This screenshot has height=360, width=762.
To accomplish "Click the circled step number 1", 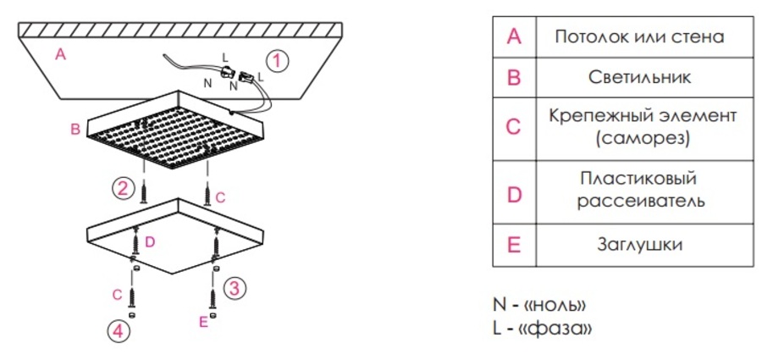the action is coord(277,62).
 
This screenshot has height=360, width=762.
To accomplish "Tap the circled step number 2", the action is coord(124,188).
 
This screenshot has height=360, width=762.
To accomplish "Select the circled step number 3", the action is coord(235,289).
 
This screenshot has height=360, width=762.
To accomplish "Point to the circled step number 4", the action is coord(119,332).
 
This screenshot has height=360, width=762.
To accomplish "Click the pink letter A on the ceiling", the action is coord(60,55).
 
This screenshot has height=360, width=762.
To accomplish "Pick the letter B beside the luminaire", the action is coord(75,130).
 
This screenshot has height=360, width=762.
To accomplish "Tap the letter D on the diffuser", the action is coord(150,241).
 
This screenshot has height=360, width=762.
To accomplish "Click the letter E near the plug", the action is coord(203,321).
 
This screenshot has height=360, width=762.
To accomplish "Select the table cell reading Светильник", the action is coord(639,78).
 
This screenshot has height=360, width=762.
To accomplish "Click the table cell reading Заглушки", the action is coord(639,245).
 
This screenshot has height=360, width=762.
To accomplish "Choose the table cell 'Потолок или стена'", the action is coord(639,37).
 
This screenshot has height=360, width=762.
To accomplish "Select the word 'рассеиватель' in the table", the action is coord(640,201).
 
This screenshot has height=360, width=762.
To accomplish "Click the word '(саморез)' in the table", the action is coord(639,139).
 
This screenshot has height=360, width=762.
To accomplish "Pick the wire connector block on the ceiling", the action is coord(235,74).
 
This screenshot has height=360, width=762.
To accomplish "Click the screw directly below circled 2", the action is coord(144,192).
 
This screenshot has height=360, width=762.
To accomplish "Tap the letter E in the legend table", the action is coord(513,245).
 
